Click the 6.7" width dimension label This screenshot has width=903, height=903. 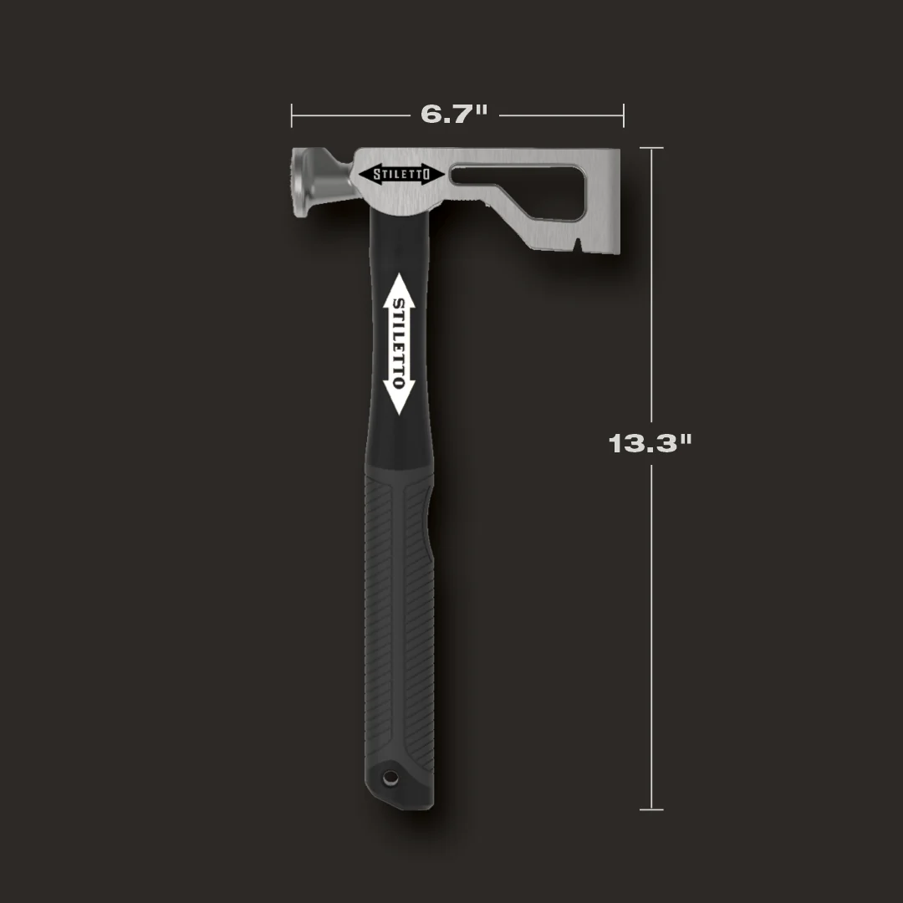(x=454, y=114)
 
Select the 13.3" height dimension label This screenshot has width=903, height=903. (x=650, y=443)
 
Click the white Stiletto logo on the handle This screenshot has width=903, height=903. (x=399, y=344)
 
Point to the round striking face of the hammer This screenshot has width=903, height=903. (x=300, y=182)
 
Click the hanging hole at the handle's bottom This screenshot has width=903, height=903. (x=389, y=778)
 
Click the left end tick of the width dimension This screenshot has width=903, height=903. (x=292, y=115)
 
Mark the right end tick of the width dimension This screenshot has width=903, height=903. (x=624, y=115)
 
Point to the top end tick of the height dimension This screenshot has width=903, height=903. (x=651, y=148)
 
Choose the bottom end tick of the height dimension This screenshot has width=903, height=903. (x=651, y=809)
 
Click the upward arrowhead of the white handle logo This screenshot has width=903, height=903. (x=399, y=284)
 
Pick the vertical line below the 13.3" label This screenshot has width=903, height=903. (x=651, y=635)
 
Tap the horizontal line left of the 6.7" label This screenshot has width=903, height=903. (x=351, y=115)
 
